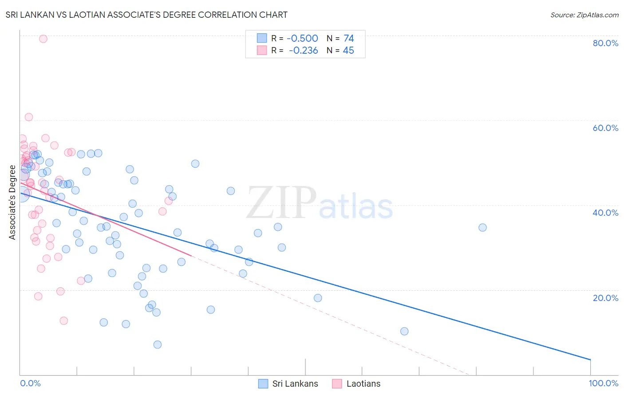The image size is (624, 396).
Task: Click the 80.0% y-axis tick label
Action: click(x=605, y=43)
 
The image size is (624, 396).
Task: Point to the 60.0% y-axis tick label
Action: click(x=605, y=128)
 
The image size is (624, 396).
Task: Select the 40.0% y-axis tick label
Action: click(x=605, y=213)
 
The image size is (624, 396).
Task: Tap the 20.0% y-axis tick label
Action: click(x=605, y=298)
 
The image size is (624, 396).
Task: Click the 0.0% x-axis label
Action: click(x=30, y=383)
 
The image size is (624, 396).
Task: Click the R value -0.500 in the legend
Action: click(x=302, y=39)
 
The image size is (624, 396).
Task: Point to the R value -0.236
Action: click(x=303, y=51)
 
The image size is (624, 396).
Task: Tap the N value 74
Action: click(x=348, y=39)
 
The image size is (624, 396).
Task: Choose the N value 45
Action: click(x=348, y=51)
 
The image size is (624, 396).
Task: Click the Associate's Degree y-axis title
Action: click(x=12, y=202)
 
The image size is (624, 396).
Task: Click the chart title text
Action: click(x=146, y=15)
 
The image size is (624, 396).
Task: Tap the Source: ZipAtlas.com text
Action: click(x=584, y=15)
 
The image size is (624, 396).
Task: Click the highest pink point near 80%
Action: click(x=43, y=39)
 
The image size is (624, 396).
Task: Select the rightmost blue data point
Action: click(x=482, y=227)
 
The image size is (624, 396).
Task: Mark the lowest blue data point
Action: click(x=157, y=345)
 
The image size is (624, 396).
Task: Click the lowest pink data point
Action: click(x=63, y=321)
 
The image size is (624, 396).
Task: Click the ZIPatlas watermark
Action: click(x=320, y=204)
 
